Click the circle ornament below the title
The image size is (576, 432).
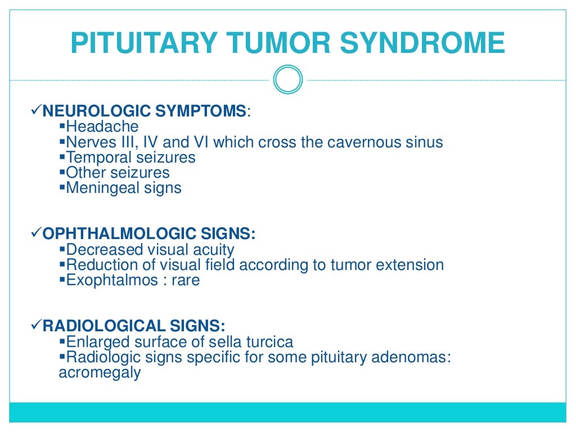(x=288, y=80)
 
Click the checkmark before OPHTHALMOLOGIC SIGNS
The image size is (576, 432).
(x=35, y=233)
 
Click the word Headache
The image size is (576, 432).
(x=102, y=127)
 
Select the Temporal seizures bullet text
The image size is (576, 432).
(x=130, y=157)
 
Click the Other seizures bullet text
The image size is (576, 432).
(x=118, y=172)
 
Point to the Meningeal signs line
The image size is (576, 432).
(x=124, y=187)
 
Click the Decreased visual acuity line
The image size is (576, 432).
(x=150, y=249)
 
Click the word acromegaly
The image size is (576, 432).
(x=100, y=372)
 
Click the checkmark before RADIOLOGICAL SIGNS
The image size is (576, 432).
(x=35, y=326)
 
